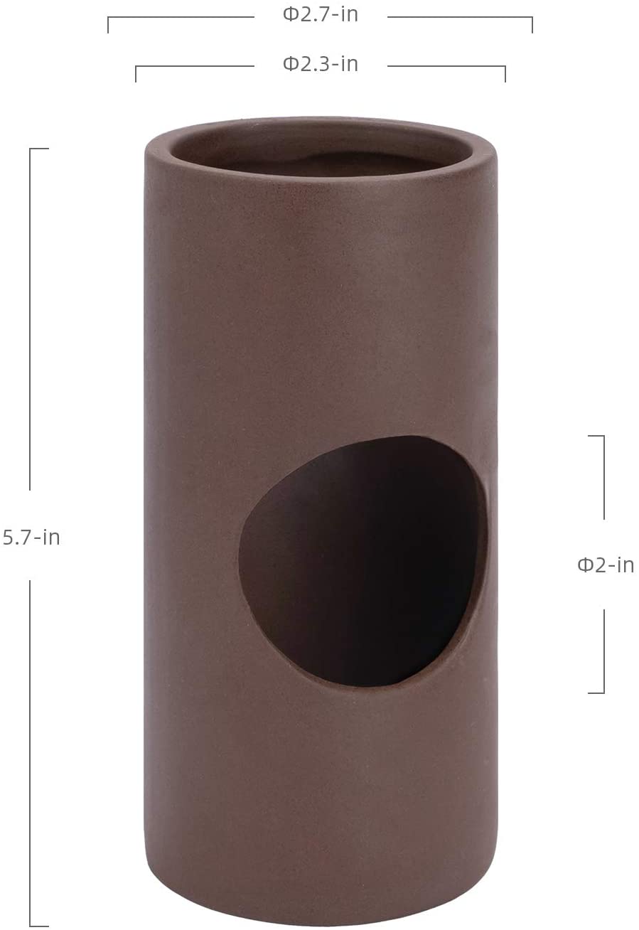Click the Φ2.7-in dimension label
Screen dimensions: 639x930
click(x=321, y=14)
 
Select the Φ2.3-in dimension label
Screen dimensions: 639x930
click(x=321, y=64)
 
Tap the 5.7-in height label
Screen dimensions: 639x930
click(x=31, y=538)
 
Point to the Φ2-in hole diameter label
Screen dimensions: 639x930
click(x=606, y=565)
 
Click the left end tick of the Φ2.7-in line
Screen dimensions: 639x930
click(x=108, y=25)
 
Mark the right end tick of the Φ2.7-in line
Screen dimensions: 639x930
click(x=532, y=25)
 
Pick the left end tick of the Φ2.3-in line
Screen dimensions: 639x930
click(x=136, y=74)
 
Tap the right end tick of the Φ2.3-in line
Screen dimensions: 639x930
click(x=505, y=74)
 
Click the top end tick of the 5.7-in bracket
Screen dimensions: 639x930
click(x=39, y=148)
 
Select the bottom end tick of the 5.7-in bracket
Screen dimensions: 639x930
click(x=39, y=926)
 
